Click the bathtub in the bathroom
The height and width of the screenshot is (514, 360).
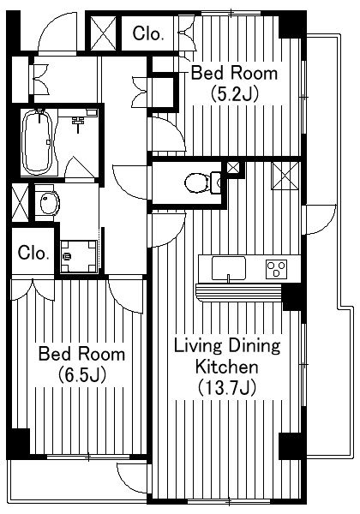click(x=37, y=142)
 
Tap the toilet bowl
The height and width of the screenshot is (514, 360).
click(x=197, y=182)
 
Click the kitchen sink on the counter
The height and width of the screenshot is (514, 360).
click(x=229, y=268)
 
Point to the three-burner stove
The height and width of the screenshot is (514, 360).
click(x=276, y=269)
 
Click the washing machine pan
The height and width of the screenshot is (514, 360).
click(x=79, y=257)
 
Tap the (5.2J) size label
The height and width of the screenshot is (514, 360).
click(x=234, y=94)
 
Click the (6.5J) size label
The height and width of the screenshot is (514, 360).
click(x=82, y=375)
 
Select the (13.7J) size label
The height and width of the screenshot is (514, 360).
click(x=227, y=388)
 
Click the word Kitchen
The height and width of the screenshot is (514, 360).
click(x=227, y=367)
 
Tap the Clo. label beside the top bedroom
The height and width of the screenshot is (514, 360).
click(x=148, y=33)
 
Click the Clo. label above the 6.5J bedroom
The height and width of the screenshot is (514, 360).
click(x=33, y=253)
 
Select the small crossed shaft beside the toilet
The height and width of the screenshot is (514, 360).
click(x=233, y=168)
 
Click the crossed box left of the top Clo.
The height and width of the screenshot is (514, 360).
click(x=103, y=33)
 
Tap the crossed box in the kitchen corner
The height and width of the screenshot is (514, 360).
click(x=285, y=176)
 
